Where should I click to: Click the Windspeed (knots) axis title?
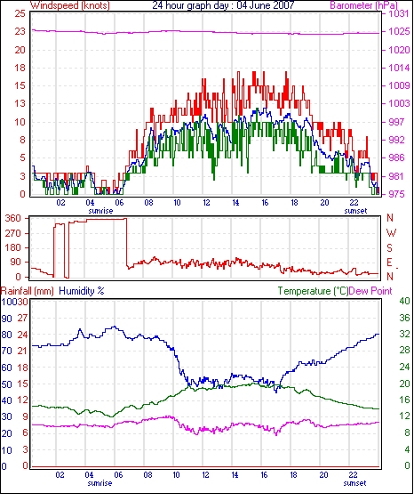(x=70, y=5)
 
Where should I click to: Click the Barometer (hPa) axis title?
(x=364, y=5)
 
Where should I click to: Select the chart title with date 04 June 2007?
(x=223, y=5)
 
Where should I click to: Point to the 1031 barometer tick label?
(x=399, y=13)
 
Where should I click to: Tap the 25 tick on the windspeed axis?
(x=20, y=13)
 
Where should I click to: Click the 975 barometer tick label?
(x=396, y=194)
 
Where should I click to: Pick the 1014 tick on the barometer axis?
(x=399, y=68)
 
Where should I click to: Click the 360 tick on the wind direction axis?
(x=13, y=219)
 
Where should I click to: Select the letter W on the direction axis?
(x=391, y=233)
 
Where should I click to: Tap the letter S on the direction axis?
(x=389, y=247)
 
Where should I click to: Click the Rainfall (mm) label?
(x=28, y=291)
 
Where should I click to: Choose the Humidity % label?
(x=82, y=291)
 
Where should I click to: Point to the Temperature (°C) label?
(x=313, y=291)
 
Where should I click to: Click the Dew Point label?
(x=370, y=291)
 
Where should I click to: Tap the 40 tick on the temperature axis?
(x=405, y=301)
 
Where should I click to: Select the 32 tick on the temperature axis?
(x=405, y=335)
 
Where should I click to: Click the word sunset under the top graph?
(x=355, y=211)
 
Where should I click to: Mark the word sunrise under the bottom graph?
(x=100, y=483)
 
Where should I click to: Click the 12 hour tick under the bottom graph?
(x=205, y=475)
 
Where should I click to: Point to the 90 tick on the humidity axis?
(x=7, y=319)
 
